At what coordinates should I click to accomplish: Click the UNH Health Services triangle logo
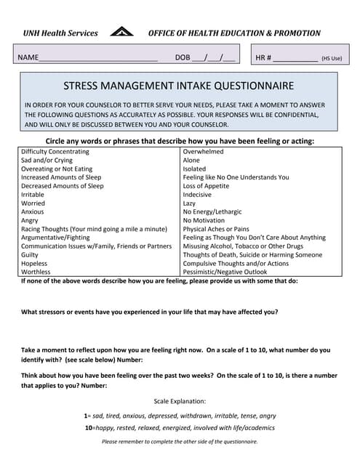[x=121, y=32]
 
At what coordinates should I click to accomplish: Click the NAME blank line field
[x=97, y=58]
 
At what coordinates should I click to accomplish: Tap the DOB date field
[x=214, y=57]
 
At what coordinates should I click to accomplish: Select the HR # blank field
[x=295, y=58]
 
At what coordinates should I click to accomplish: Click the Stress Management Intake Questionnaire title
[x=179, y=85]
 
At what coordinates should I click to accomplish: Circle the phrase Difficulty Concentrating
[x=55, y=152]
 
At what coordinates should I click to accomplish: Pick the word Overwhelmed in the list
[x=204, y=152]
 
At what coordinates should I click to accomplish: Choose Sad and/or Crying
[x=47, y=161]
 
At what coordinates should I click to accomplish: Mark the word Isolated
[x=195, y=169]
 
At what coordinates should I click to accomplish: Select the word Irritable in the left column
[x=33, y=195]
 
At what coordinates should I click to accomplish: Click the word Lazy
[x=190, y=203]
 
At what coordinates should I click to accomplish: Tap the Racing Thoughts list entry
[x=95, y=229]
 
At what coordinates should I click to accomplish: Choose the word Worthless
[x=36, y=272]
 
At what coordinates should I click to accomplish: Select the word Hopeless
[x=34, y=263]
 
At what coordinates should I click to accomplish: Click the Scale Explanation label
[x=180, y=401]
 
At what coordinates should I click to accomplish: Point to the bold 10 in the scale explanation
[x=88, y=429]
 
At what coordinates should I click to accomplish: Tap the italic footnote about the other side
[x=180, y=442]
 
